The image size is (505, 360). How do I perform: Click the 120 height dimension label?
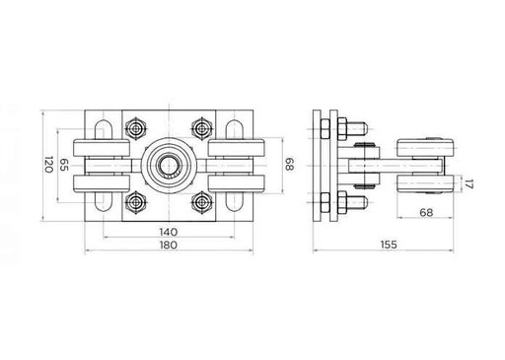(x=48, y=165)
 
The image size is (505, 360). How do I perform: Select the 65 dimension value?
(x=63, y=165)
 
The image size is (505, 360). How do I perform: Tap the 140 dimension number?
(x=169, y=232)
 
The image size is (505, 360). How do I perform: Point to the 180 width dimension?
(x=169, y=246)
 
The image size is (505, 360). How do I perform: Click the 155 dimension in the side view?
(x=389, y=245)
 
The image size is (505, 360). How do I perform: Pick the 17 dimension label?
(x=469, y=183)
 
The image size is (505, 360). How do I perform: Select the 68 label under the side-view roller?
(x=426, y=213)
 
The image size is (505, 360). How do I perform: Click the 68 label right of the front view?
(x=289, y=165)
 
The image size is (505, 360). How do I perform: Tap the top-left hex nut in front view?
(x=135, y=128)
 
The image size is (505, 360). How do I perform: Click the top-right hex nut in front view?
(x=201, y=128)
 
